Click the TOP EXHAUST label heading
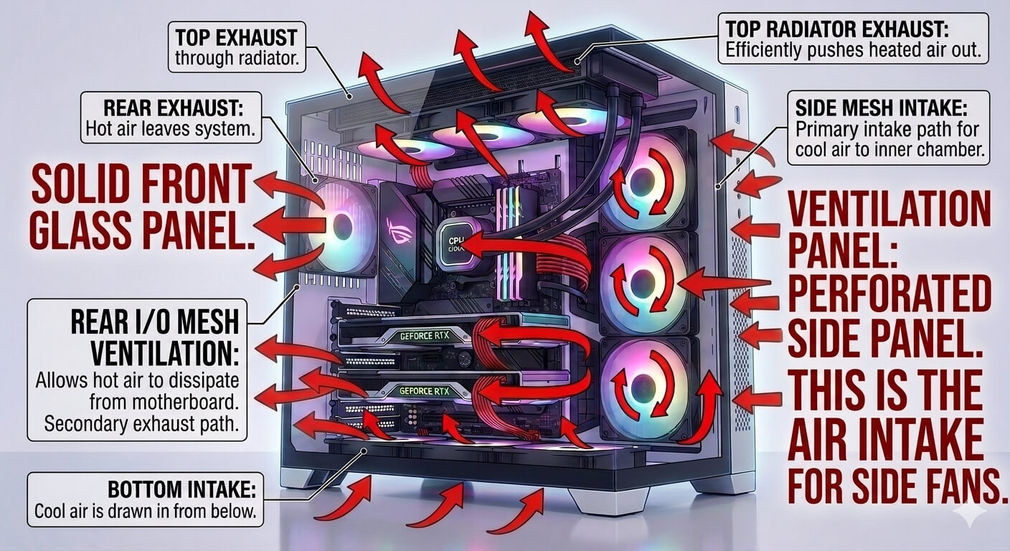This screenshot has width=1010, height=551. click(x=236, y=37)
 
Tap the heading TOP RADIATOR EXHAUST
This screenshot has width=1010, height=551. click(x=837, y=29)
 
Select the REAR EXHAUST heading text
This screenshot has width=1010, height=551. click(x=174, y=108)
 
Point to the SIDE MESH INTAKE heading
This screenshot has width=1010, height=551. click(x=882, y=108)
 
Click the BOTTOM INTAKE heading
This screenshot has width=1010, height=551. click(x=182, y=489)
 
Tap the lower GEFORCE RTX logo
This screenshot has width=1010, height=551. click(x=424, y=391)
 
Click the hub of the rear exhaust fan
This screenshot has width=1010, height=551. click(x=341, y=224)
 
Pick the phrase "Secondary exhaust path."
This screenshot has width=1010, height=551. click(x=141, y=424)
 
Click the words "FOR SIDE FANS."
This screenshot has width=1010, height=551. click(x=897, y=488)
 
